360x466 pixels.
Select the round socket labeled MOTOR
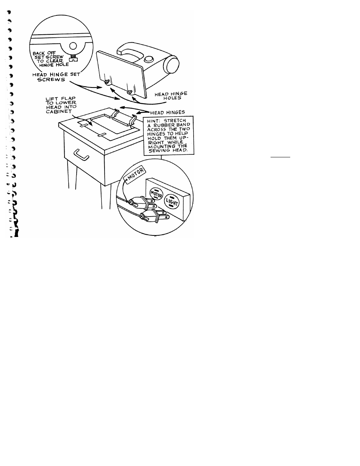[156, 195]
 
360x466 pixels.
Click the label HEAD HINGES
[168, 112]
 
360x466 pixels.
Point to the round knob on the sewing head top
[148, 59]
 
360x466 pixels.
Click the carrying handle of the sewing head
[130, 51]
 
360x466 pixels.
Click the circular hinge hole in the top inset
[73, 46]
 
